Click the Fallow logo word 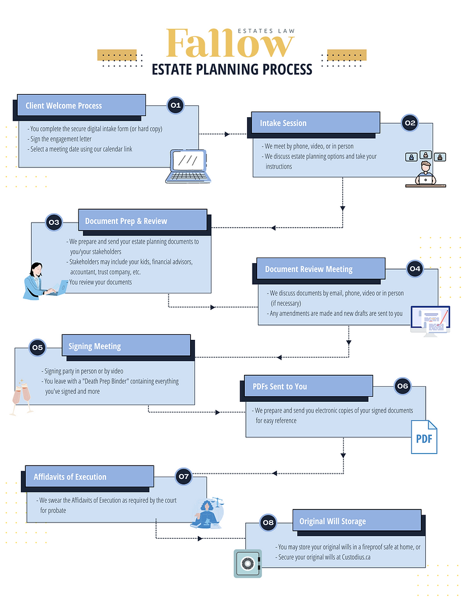click(230, 43)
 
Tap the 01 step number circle click(175, 105)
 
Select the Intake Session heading click(283, 123)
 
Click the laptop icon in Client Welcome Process click(188, 166)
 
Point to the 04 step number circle click(414, 269)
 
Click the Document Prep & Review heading click(126, 221)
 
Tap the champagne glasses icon click(19, 398)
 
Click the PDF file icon click(423, 437)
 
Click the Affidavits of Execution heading click(70, 476)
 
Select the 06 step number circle click(402, 386)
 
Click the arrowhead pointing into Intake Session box click(227, 134)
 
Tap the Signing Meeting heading click(95, 346)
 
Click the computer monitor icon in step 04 click(430, 321)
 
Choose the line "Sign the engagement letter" click(61, 139)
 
